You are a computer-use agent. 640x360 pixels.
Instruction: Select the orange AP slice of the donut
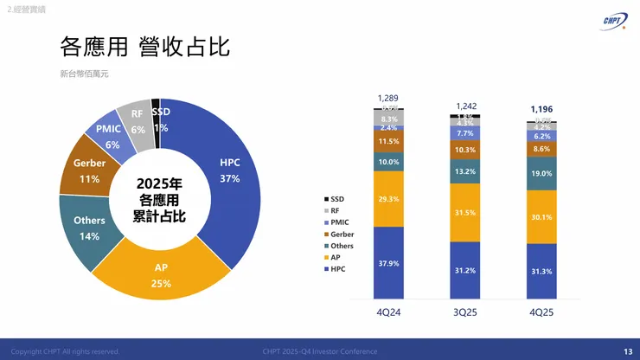[x=162, y=274]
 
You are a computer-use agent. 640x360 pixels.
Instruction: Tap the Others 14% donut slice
[x=89, y=228]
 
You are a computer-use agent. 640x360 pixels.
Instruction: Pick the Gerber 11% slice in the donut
[x=89, y=170]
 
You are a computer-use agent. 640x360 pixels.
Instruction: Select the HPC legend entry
[x=335, y=268]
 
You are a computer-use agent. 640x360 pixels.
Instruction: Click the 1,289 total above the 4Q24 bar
[x=388, y=99]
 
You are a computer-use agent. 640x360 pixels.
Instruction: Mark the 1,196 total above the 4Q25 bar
[x=541, y=109]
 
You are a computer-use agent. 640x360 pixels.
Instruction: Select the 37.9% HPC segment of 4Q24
[x=388, y=263]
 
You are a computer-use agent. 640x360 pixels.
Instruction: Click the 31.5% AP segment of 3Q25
[x=465, y=213]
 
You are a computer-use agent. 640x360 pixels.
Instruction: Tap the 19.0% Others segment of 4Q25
[x=541, y=173]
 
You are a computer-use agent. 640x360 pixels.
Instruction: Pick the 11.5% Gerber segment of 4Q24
[x=388, y=141]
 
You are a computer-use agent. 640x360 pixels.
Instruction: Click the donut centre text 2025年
[x=160, y=184]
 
